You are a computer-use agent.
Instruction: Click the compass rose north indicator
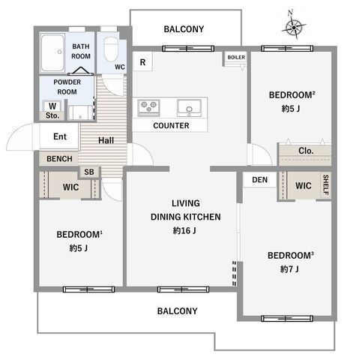coord(294,25)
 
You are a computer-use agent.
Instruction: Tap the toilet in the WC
coord(111,49)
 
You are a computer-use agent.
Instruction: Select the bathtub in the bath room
coord(52,52)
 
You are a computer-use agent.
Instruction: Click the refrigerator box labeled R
coord(142,61)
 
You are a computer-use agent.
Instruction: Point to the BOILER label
coord(236,57)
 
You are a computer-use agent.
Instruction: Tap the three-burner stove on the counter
coord(148,108)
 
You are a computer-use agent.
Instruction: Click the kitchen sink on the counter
coord(189,108)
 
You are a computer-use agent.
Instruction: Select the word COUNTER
coord(171,125)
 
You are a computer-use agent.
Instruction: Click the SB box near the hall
coord(89,172)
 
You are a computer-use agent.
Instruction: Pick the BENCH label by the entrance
coord(59,159)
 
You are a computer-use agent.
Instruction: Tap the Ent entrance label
coord(60,136)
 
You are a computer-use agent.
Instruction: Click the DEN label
coord(260,180)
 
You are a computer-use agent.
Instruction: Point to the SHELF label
coord(326,184)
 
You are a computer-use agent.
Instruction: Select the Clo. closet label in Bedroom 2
coord(306,151)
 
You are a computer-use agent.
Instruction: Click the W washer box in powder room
coord(52,106)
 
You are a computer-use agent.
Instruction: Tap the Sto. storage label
coord(52,115)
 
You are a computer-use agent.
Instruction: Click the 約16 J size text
coord(184,230)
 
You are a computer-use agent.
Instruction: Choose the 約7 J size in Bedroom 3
coord(289,269)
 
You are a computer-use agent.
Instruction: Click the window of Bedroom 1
coord(88,289)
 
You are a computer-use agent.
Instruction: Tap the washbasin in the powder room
coord(80,112)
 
